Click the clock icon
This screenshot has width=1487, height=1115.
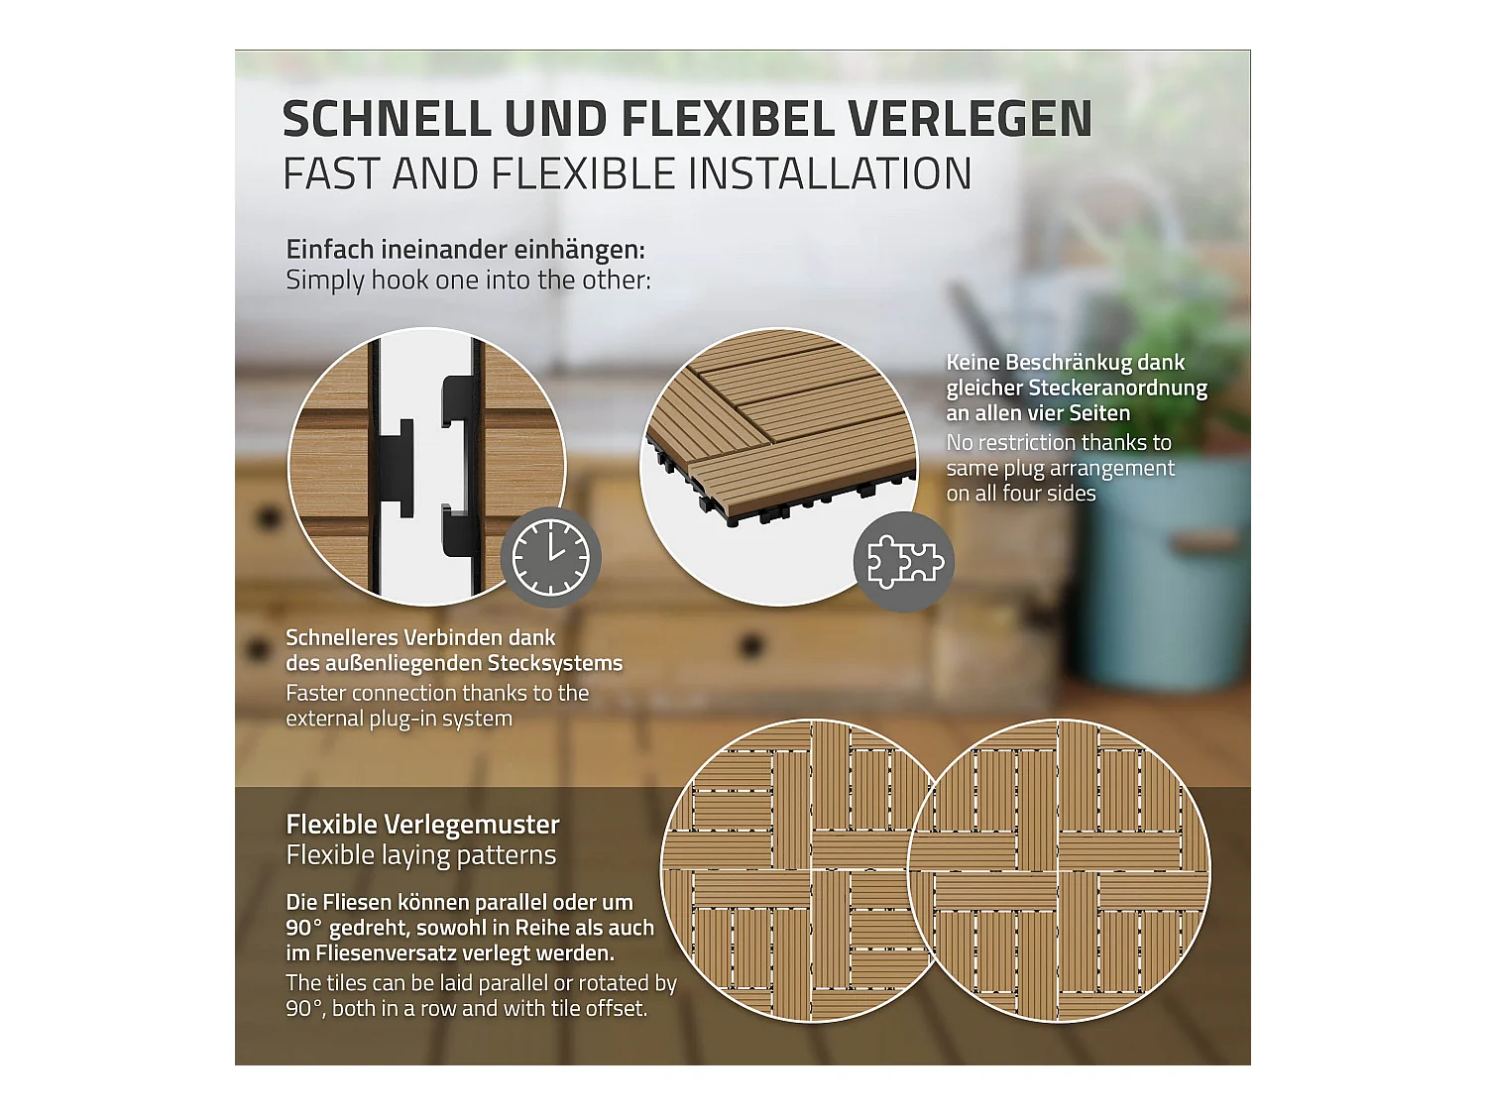pyautogui.click(x=550, y=558)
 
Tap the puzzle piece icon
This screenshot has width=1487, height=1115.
pyautogui.click(x=903, y=562)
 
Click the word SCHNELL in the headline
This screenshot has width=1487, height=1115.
pyautogui.click(x=387, y=120)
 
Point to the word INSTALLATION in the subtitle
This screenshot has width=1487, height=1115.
pyautogui.click(x=830, y=174)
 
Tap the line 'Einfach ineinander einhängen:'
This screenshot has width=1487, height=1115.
pyautogui.click(x=465, y=250)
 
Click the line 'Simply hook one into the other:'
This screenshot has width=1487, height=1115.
pyautogui.click(x=468, y=280)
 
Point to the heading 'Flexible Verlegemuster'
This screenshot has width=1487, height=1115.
pyautogui.click(x=422, y=825)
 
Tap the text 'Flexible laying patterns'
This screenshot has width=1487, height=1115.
pyautogui.click(x=420, y=855)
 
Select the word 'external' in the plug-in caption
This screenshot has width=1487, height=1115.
pyautogui.click(x=323, y=719)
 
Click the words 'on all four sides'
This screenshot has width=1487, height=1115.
pyautogui.click(x=1020, y=494)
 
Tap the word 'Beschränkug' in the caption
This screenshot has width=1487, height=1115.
pyautogui.click(x=1067, y=363)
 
